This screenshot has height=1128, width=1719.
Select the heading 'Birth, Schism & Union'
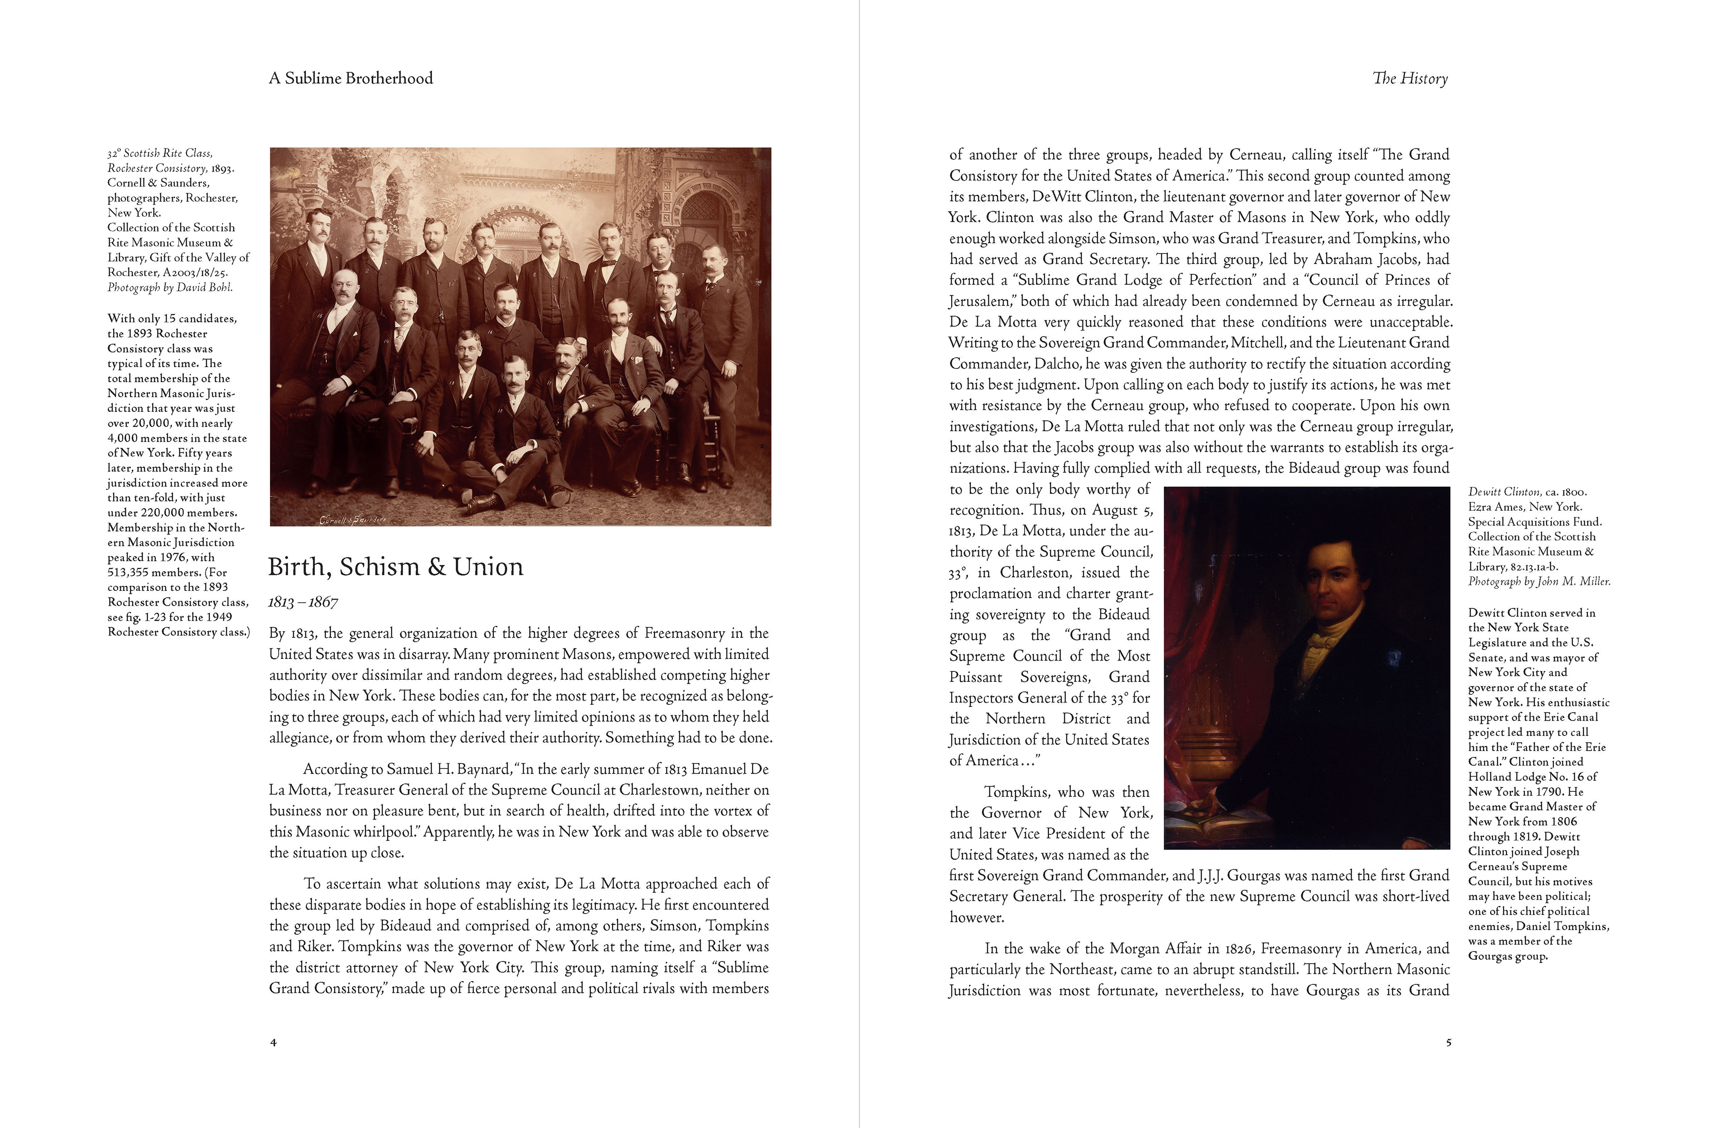[x=395, y=567]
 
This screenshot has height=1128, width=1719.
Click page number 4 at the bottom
[x=273, y=1042]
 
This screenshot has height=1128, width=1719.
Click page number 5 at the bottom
[x=1448, y=1042]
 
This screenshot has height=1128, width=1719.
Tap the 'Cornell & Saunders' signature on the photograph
[x=353, y=519]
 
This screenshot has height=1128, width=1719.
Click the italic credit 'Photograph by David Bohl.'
[x=170, y=287]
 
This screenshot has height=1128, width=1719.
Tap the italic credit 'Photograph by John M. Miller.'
[x=1539, y=581]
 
